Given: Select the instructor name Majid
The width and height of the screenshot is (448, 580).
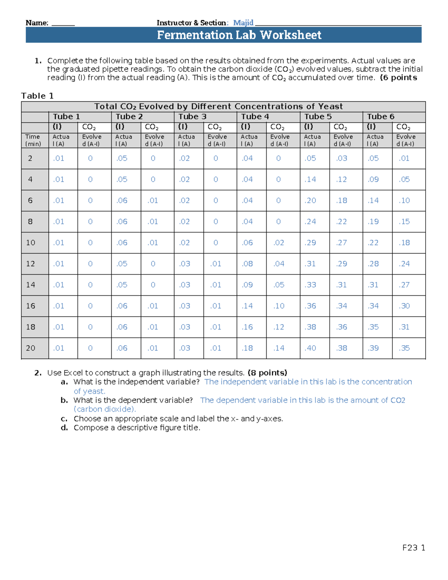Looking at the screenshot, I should tap(243, 23).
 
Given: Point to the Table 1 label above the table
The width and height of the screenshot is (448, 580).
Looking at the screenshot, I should tap(37, 96).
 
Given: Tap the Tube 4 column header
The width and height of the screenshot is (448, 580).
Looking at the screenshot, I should tap(255, 117).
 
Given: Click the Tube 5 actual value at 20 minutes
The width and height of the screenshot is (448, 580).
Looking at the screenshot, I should tap(310, 348).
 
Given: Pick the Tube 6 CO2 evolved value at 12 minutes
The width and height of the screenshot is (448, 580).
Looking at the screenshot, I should tap(404, 264).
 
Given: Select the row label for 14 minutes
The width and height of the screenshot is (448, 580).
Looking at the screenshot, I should tap(31, 285).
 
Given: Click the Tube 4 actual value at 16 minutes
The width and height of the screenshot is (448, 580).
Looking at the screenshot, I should tap(247, 306).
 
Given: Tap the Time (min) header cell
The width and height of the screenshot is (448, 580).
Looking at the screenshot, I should tap(33, 140).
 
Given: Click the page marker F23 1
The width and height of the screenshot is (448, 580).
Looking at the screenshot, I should tap(414, 548).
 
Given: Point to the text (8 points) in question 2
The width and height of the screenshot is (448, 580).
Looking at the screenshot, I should tap(267, 373).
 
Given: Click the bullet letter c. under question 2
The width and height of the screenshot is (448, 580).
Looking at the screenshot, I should tap(64, 419).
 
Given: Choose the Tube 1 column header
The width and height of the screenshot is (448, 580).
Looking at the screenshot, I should tap(66, 117).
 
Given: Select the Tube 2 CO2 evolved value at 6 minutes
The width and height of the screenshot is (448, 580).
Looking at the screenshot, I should tap(153, 201).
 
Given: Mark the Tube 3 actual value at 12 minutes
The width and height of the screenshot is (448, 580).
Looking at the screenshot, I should tap(184, 264).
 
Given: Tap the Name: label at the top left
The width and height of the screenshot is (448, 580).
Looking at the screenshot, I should tap(37, 23).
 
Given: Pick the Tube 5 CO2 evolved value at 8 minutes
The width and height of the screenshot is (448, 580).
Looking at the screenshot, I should tap(341, 221).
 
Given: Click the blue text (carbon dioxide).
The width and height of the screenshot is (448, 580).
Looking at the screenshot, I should tap(105, 409).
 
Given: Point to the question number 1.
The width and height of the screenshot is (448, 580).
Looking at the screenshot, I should tap(37, 61).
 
